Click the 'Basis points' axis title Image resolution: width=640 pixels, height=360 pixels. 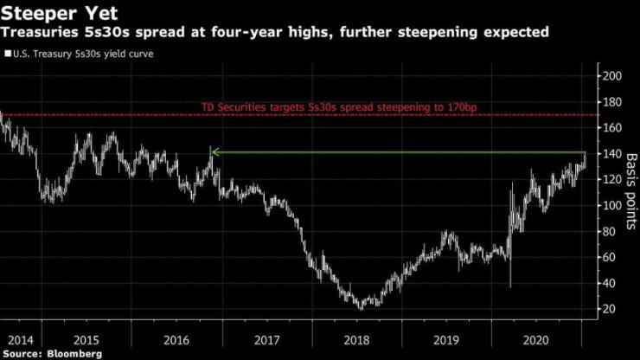(x=630, y=192)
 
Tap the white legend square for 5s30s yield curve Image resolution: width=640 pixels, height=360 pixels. (x=7, y=55)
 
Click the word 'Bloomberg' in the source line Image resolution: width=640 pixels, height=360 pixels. (x=75, y=354)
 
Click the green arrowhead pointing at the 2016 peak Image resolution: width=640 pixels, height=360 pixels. (x=214, y=152)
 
